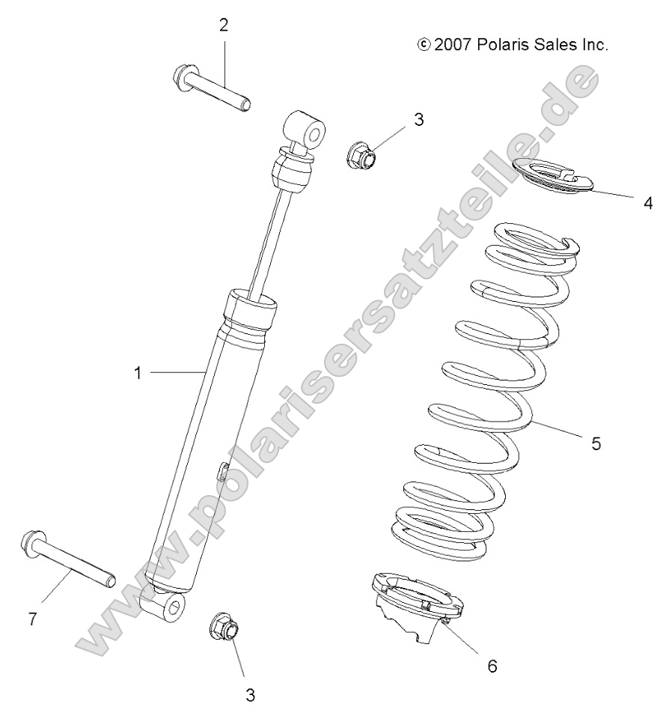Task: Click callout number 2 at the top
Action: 224,25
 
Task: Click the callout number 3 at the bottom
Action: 251,694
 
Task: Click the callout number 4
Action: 648,202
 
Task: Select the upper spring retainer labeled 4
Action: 552,177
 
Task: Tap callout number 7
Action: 33,620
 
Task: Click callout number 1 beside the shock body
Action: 137,372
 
